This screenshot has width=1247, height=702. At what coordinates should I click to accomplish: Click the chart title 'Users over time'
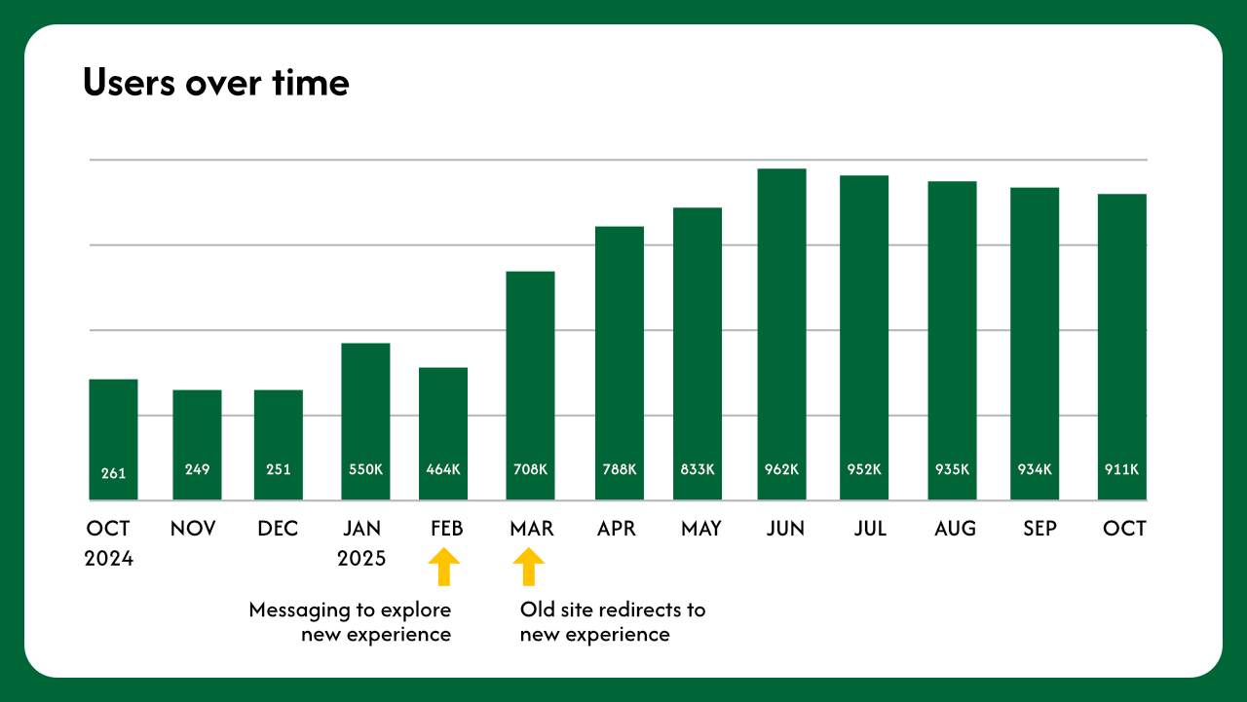(215, 83)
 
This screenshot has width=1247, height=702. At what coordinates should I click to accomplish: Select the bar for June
(781, 331)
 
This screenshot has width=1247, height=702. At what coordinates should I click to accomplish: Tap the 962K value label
(781, 469)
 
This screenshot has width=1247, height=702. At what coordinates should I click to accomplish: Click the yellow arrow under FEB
(444, 566)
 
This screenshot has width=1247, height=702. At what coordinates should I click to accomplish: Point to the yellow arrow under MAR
(529, 566)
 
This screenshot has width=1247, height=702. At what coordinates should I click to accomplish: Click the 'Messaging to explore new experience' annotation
(351, 622)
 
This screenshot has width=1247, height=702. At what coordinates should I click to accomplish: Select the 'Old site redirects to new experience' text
(612, 622)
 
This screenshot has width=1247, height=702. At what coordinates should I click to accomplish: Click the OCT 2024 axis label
(108, 543)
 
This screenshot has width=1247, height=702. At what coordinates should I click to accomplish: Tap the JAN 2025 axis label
(361, 543)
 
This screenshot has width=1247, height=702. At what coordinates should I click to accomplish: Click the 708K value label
(530, 469)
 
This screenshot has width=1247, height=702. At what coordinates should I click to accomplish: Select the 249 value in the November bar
(197, 469)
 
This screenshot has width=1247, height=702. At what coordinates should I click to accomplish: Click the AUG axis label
(955, 529)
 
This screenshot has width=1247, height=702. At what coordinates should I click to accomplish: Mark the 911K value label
(1121, 469)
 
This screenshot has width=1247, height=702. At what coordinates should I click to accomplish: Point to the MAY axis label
(701, 529)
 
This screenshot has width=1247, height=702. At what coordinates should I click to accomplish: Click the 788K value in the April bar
(619, 469)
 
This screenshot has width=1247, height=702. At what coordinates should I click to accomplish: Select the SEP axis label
(1039, 529)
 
